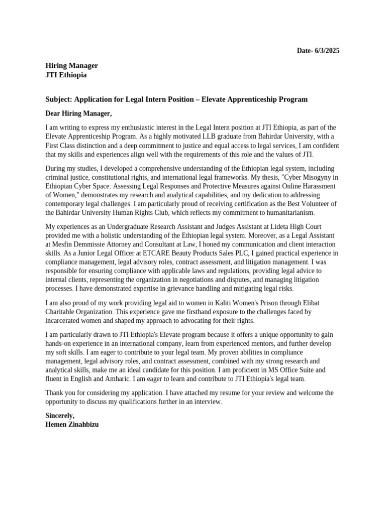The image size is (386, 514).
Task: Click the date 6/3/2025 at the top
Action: pyautogui.click(x=327, y=51)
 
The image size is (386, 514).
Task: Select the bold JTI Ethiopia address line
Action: pyautogui.click(x=66, y=75)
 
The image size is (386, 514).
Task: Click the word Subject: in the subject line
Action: pyautogui.click(x=59, y=99)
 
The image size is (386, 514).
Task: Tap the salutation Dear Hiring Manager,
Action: pyautogui.click(x=78, y=113)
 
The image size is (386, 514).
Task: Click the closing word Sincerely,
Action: pyautogui.click(x=60, y=416)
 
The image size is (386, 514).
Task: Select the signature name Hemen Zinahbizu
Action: pyautogui.click(x=72, y=424)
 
